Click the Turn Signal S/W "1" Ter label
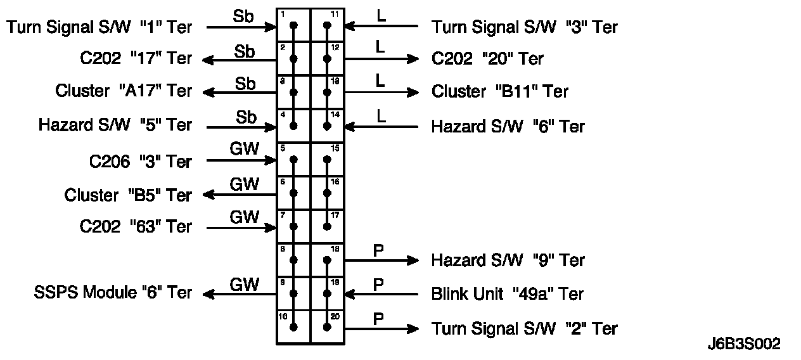99,27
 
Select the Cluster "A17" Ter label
124,91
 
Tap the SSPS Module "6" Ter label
112,293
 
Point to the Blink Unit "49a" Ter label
507,294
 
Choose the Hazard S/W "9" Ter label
508,260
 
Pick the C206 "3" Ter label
140,161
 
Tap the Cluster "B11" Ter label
500,91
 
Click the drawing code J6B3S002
744,344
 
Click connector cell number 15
327,159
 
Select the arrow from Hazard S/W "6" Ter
381,127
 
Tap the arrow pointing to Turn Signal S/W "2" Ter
381,328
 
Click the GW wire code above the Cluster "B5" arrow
244,184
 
